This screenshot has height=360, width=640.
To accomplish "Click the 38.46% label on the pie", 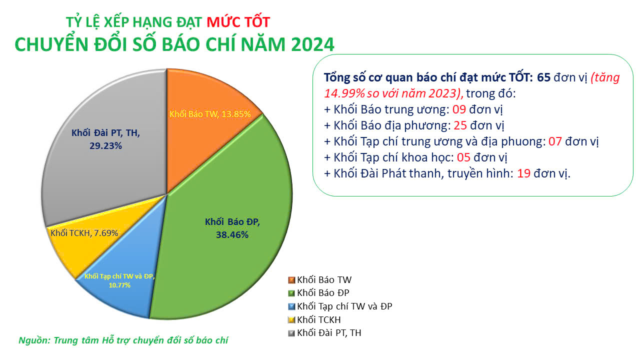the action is [232, 235].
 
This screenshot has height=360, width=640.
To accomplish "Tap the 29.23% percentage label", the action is [105, 146].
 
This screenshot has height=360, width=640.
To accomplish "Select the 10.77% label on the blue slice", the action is [119, 285].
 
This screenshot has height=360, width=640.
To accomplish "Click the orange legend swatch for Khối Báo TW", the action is [291, 280].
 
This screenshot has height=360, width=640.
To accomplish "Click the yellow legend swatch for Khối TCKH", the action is [291, 320].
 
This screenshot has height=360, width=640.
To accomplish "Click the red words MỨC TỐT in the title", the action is [238, 22].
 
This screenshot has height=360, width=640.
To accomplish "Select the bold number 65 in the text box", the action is [543, 77].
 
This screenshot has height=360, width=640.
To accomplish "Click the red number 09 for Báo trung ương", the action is [459, 109].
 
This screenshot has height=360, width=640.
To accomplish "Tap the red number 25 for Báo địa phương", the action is [460, 125].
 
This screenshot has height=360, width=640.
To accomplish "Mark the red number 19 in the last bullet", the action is [523, 173].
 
